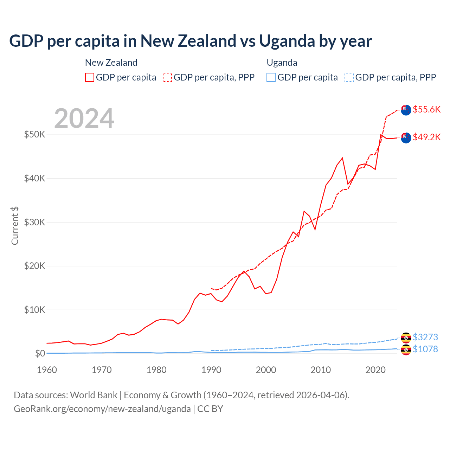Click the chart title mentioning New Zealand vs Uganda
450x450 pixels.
[x=190, y=41]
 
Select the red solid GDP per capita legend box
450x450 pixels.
[x=90, y=77]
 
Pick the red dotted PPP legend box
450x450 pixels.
[x=167, y=77]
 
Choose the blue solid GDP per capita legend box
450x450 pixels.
[x=271, y=77]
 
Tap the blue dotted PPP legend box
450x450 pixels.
[x=349, y=77]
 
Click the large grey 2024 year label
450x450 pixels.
[x=84, y=118]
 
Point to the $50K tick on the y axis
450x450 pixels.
[x=34, y=134]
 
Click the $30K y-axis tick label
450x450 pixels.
[x=34, y=222]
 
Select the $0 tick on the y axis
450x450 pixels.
[x=40, y=353]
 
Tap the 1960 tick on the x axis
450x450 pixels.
[x=47, y=370]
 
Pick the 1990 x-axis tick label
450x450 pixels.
[x=211, y=370]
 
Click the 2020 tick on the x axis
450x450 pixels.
[x=375, y=370]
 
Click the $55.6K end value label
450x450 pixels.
[x=426, y=109]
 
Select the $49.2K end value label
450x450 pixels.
[x=426, y=137]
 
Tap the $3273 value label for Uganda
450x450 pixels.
[x=425, y=337]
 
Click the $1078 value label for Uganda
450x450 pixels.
[x=425, y=349]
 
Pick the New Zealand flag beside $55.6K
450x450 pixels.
[x=406, y=110]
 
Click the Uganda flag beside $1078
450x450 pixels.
[x=406, y=350]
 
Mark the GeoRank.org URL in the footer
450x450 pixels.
[x=102, y=409]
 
